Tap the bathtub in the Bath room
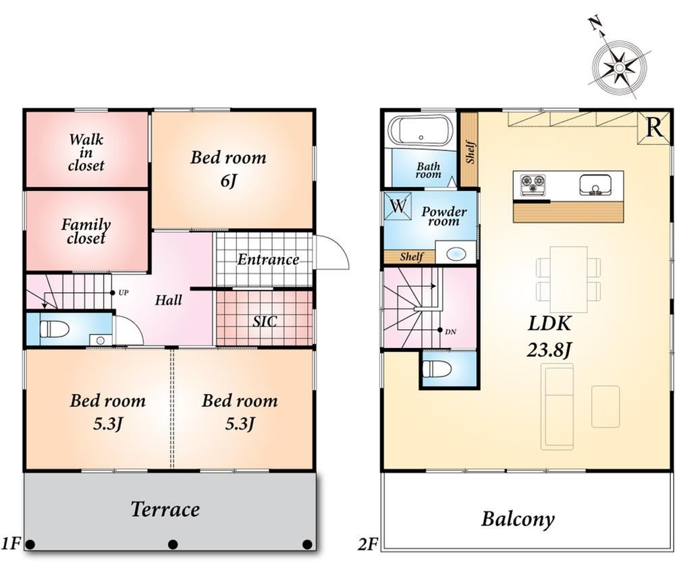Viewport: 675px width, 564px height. tap(421, 131)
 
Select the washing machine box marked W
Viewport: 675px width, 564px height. tap(398, 206)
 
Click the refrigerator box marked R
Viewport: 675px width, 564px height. tap(654, 128)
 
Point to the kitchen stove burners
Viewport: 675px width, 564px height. tap(533, 185)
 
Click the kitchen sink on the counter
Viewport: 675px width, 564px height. tap(596, 185)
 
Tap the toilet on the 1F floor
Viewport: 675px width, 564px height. tap(55, 329)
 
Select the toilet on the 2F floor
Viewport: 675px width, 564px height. tap(437, 368)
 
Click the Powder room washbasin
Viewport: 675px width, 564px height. tap(456, 254)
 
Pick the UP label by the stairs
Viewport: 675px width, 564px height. tap(123, 293)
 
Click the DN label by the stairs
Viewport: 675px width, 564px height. tap(450, 332)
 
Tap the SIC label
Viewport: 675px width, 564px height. tap(265, 321)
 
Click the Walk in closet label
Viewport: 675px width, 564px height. tap(86, 152)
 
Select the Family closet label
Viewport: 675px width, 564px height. tap(86, 231)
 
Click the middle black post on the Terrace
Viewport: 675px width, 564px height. tap(173, 544)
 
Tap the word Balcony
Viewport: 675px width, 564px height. tap(518, 519)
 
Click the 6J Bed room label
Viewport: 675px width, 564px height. tap(229, 169)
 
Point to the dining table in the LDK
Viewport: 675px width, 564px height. tap(568, 279)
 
